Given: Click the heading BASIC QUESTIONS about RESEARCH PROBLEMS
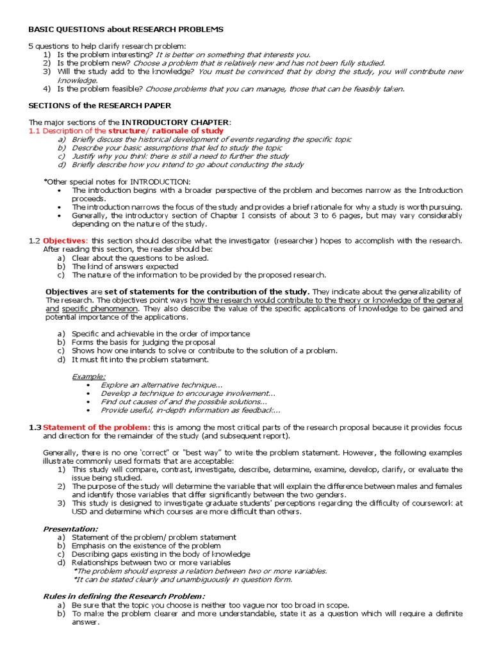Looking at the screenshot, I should pyautogui.click(x=126, y=30).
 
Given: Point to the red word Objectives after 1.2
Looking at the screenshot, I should pyautogui.click(x=65, y=241).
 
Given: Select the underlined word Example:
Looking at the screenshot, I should pyautogui.click(x=89, y=376).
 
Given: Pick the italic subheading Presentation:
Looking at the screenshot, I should pyautogui.click(x=70, y=529).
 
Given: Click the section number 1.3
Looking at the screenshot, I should pyautogui.click(x=35, y=427).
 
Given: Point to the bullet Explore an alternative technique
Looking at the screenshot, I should pyautogui.click(x=161, y=384).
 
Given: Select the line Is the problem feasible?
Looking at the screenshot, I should pyautogui.click(x=101, y=89).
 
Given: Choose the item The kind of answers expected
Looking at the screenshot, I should pyautogui.click(x=125, y=266).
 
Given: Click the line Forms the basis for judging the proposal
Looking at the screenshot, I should pyautogui.click(x=143, y=342).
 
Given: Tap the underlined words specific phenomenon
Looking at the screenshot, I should pyautogui.click(x=90, y=309).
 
